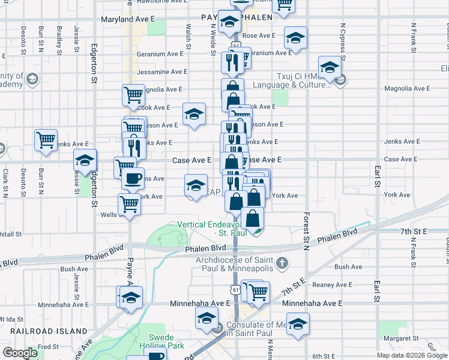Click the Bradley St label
(x=59, y=38)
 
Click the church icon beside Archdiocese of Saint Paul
(x=282, y=263)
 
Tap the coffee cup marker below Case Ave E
(x=133, y=178)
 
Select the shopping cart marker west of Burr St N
(x=46, y=140)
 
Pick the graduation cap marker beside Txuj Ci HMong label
(x=330, y=68)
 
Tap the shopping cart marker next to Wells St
(x=130, y=205)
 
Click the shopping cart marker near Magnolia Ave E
(x=133, y=94)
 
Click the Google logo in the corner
(x=20, y=353)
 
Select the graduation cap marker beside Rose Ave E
(x=295, y=38)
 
